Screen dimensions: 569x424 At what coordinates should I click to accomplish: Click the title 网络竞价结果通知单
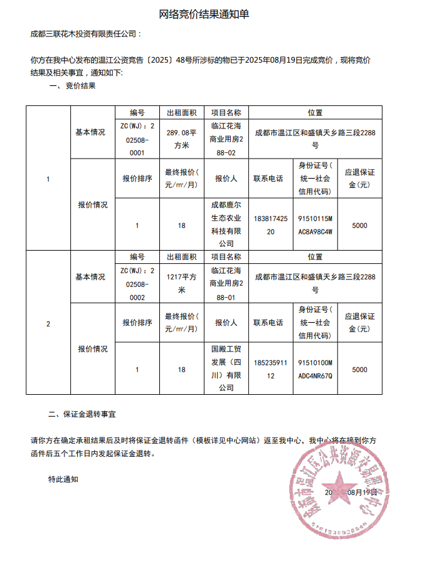212,14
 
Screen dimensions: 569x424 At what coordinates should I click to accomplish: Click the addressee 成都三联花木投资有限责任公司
86,34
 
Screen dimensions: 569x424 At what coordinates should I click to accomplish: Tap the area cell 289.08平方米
181,138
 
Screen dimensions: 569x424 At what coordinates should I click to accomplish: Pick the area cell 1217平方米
181,283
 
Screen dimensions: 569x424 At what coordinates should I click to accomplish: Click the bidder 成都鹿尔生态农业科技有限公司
226,224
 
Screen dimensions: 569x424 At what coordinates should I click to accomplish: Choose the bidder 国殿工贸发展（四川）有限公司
226,369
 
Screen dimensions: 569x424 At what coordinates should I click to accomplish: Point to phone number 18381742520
270,226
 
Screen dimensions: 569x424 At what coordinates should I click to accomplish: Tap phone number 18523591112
270,370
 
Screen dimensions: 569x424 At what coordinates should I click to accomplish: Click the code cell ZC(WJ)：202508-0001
137,138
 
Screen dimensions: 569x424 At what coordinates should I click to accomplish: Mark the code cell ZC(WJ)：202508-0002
137,283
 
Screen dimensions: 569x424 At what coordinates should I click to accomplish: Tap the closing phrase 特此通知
63,479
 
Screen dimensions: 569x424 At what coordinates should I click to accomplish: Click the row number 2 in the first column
48,324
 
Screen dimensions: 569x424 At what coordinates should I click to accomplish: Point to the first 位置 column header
315,113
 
